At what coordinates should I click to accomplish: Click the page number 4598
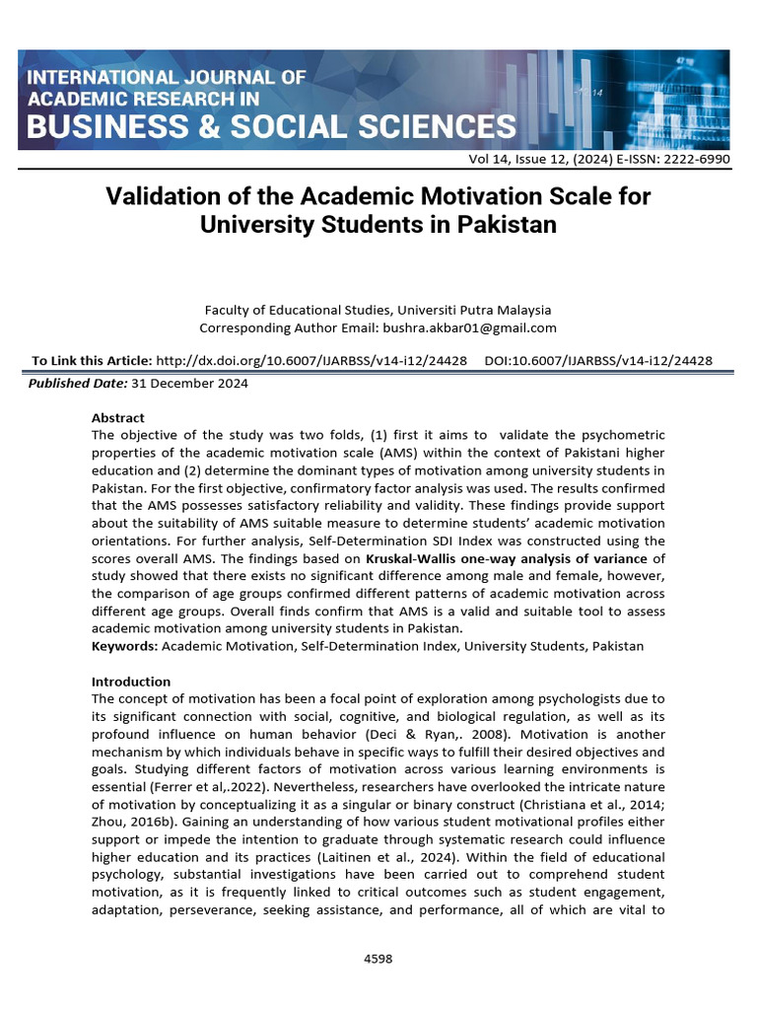point(378,958)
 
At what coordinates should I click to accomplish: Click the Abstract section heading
point(117,417)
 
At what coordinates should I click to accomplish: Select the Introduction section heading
point(130,682)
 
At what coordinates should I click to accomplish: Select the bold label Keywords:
point(124,646)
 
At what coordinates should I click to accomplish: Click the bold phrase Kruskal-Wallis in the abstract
point(411,558)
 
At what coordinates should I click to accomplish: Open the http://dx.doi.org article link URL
point(311,361)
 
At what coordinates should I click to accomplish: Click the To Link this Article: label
point(92,361)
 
